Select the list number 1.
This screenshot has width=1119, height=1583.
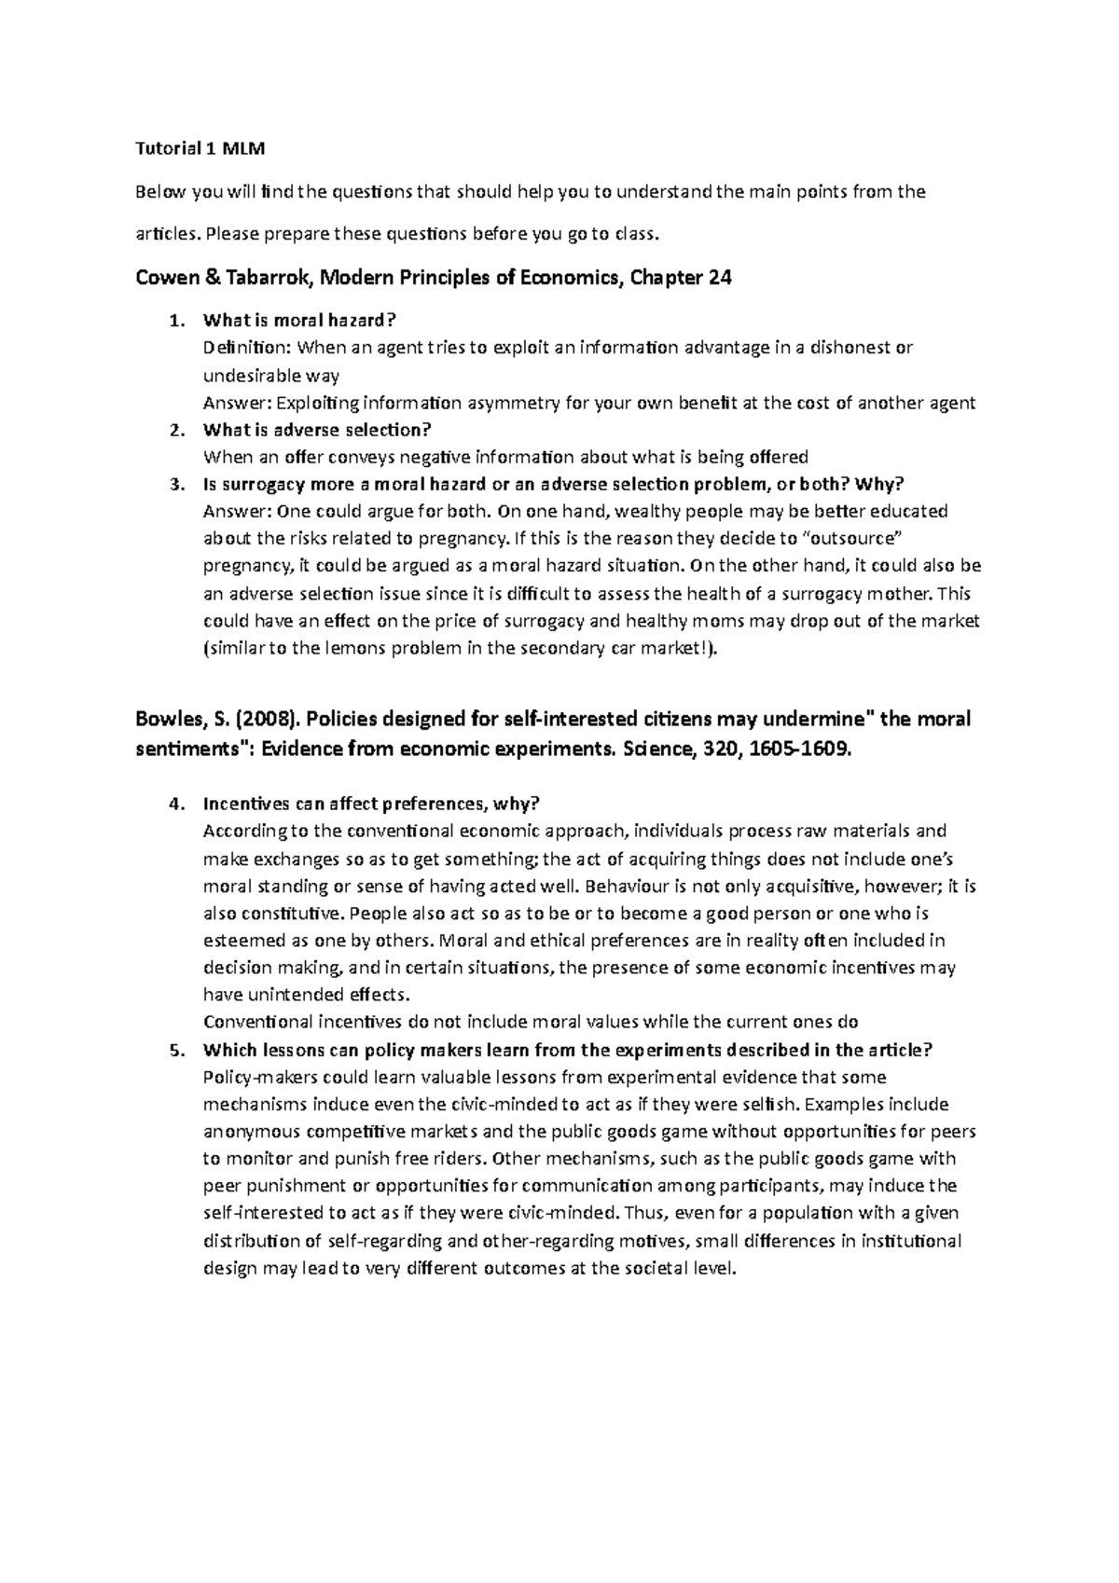click(174, 321)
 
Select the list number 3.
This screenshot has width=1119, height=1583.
click(174, 485)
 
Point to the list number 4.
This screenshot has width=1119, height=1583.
click(174, 804)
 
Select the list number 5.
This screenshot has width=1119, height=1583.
click(174, 1050)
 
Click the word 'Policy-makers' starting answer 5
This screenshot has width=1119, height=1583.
click(255, 1077)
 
